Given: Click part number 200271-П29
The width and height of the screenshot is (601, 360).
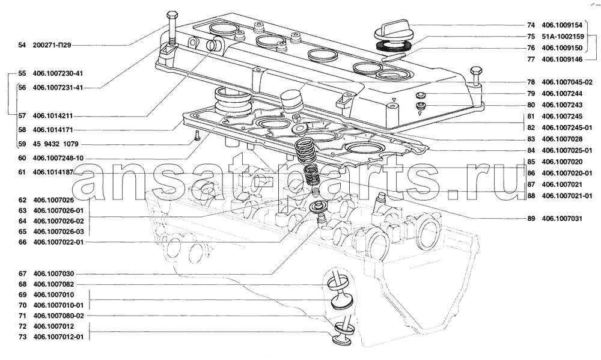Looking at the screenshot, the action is tap(52, 45).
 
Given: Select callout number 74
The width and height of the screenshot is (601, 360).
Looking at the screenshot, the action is tap(531, 25).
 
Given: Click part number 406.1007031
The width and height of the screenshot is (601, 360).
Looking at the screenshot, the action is tap(562, 219).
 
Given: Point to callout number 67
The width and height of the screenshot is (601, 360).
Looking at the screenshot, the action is tap(22, 273).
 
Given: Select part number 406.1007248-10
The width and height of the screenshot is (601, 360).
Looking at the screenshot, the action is tap(58, 158).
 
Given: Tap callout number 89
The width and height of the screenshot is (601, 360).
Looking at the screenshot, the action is tap(531, 219).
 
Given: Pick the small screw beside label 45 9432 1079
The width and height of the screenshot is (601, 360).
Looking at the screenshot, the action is tap(197, 135).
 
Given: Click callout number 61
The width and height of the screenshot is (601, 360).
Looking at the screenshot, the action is tap(22, 172).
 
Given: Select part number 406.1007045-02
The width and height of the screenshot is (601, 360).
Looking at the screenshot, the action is tap(567, 82).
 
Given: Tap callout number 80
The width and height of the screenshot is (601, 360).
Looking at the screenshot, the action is tap(531, 105).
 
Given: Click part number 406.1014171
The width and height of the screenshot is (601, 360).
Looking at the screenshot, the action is tap(53, 130).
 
